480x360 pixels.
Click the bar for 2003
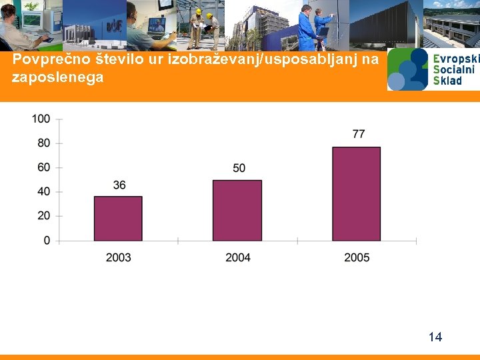click(118, 218)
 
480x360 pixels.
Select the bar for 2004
click(237, 210)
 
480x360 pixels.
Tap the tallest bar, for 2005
click(356, 193)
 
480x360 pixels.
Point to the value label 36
click(119, 185)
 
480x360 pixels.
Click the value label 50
click(239, 168)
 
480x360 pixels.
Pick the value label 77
click(358, 135)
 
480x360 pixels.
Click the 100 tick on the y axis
click(41, 119)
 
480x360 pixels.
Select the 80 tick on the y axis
click(43, 143)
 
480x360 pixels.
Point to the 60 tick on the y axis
click(43, 167)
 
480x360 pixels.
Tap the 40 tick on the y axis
click(43, 191)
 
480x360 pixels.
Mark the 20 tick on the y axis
click(43, 216)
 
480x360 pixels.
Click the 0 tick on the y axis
click(46, 240)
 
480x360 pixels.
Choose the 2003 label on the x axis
click(119, 257)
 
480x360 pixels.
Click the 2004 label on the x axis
click(238, 257)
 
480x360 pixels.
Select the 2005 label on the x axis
click(357, 257)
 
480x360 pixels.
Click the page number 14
click(435, 337)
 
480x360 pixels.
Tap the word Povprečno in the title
click(45, 60)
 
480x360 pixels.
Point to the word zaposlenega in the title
click(58, 77)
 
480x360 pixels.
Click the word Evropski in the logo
click(455, 59)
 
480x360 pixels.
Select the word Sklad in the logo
click(447, 80)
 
